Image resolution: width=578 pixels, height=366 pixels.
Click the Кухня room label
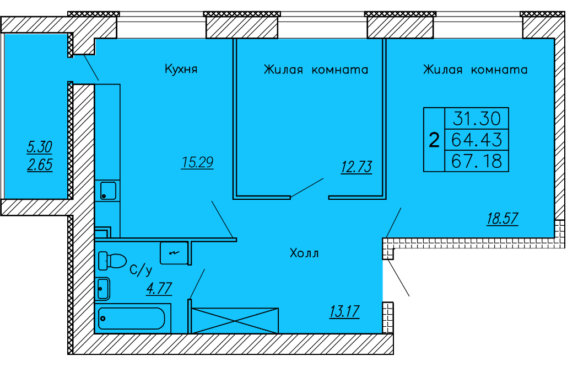(x=181, y=70)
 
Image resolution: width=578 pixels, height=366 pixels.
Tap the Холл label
(x=304, y=253)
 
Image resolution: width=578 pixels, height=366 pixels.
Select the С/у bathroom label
(x=141, y=270)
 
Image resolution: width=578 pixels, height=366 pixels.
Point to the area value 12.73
(x=356, y=167)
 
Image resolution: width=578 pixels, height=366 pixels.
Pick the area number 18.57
(x=502, y=219)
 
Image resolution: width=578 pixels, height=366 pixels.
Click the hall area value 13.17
(x=344, y=312)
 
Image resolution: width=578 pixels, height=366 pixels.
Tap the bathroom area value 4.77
(x=159, y=288)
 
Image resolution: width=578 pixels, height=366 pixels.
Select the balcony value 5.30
(x=40, y=147)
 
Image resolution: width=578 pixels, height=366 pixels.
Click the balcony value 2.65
(x=40, y=165)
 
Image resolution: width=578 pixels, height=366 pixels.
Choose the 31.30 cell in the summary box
(x=476, y=118)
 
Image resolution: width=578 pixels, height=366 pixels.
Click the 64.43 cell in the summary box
(x=476, y=139)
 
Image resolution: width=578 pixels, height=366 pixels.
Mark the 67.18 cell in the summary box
(x=476, y=161)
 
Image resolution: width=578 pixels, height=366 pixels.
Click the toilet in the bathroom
(x=112, y=261)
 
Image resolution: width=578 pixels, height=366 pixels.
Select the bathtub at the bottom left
(x=132, y=319)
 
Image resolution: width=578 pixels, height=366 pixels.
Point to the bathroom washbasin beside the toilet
(x=102, y=288)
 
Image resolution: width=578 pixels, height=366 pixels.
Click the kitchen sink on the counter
(x=107, y=191)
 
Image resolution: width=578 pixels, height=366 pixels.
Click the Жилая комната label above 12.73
(x=316, y=70)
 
